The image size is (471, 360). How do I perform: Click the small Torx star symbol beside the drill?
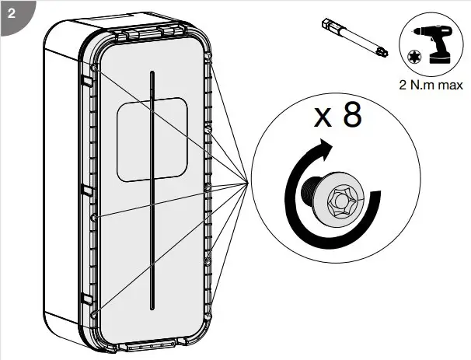pyautogui.click(x=413, y=56)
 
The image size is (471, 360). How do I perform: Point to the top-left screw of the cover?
pyautogui.click(x=94, y=69)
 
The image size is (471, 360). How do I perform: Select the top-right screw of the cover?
pyautogui.click(x=209, y=56)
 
